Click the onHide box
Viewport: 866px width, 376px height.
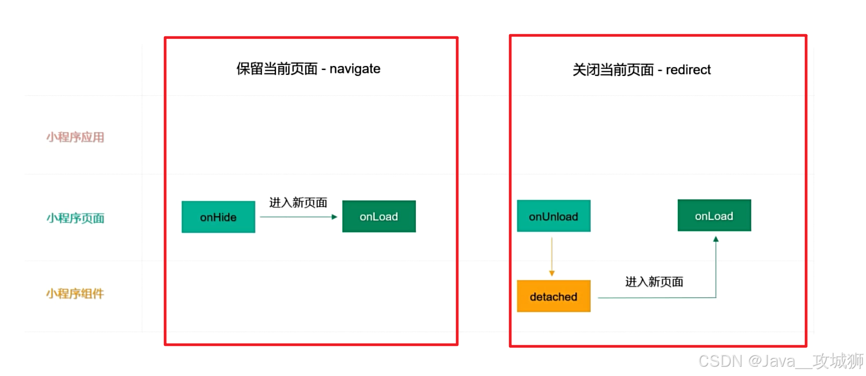point(218,217)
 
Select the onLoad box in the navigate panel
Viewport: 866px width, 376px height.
point(379,217)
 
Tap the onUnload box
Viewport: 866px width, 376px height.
point(553,216)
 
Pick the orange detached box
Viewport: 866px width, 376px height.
point(553,296)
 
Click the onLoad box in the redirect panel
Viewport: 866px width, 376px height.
point(714,216)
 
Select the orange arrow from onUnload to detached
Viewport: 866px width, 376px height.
point(552,255)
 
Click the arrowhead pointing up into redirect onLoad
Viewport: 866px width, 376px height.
point(716,239)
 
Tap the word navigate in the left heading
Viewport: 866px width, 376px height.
point(355,69)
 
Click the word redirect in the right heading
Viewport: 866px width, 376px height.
point(688,70)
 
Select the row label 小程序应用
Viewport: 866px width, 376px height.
point(75,137)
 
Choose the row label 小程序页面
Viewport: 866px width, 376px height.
point(75,218)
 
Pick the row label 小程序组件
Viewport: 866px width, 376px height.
point(75,294)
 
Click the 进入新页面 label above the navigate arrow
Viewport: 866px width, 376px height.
point(298,203)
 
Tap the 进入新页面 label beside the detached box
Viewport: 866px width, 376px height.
point(654,282)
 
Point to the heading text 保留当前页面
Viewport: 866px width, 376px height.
point(277,69)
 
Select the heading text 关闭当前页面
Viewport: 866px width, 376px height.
point(613,70)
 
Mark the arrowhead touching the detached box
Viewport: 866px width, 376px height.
point(552,274)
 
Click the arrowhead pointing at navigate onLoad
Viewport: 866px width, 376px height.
point(334,217)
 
